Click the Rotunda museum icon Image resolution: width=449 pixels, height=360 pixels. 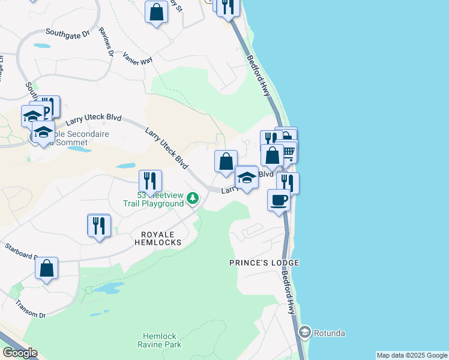[x=305, y=332]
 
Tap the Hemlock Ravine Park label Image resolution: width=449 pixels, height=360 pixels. [x=161, y=340]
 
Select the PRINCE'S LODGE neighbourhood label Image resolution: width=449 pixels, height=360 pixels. [x=264, y=263]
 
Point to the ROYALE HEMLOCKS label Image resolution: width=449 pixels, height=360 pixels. [x=152, y=238]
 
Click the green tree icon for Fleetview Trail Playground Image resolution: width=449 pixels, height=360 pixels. [x=193, y=197]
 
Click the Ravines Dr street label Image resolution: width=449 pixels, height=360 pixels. [x=106, y=41]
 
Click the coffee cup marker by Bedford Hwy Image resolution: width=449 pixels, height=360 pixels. [x=278, y=200]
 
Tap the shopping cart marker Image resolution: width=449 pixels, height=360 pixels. [x=289, y=152]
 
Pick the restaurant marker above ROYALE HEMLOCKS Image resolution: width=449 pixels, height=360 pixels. [x=98, y=226]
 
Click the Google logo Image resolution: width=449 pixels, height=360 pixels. [x=20, y=353]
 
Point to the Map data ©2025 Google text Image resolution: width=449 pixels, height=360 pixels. [x=412, y=355]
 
